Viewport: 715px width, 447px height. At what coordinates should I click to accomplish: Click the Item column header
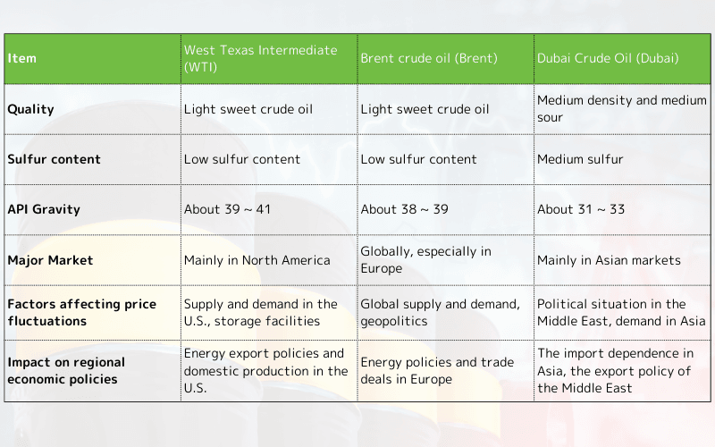pyautogui.click(x=22, y=59)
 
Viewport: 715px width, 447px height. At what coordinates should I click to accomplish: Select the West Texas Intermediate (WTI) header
pyautogui.click(x=260, y=59)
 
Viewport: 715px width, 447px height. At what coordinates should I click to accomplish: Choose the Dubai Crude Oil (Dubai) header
pyautogui.click(x=608, y=59)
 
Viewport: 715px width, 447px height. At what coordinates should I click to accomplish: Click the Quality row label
pyautogui.click(x=30, y=109)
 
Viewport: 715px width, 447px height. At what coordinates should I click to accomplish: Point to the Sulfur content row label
pyautogui.click(x=54, y=159)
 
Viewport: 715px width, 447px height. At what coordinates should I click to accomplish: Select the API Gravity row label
pyautogui.click(x=44, y=209)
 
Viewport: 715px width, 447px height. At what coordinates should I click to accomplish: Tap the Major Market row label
pyautogui.click(x=50, y=260)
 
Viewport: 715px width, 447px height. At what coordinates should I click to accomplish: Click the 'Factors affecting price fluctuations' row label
pyautogui.click(x=81, y=312)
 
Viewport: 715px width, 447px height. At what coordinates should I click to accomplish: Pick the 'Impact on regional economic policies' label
pyautogui.click(x=66, y=371)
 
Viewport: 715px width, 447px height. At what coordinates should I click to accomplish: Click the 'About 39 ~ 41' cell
pyautogui.click(x=227, y=209)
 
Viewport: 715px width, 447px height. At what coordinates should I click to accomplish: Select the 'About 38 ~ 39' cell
pyautogui.click(x=404, y=209)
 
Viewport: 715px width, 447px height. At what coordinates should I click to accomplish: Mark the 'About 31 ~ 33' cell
pyautogui.click(x=581, y=209)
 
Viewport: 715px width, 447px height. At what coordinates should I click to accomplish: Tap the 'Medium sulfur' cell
pyautogui.click(x=580, y=159)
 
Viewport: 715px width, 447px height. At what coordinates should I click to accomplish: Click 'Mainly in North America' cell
pyautogui.click(x=257, y=260)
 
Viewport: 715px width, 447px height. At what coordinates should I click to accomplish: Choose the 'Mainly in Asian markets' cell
pyautogui.click(x=609, y=260)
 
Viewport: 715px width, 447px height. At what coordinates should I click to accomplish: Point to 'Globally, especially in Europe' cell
pyautogui.click(x=425, y=260)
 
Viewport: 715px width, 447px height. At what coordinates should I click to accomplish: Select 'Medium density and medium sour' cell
pyautogui.click(x=621, y=109)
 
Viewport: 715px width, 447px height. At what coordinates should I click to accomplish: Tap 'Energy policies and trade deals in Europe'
pyautogui.click(x=437, y=371)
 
